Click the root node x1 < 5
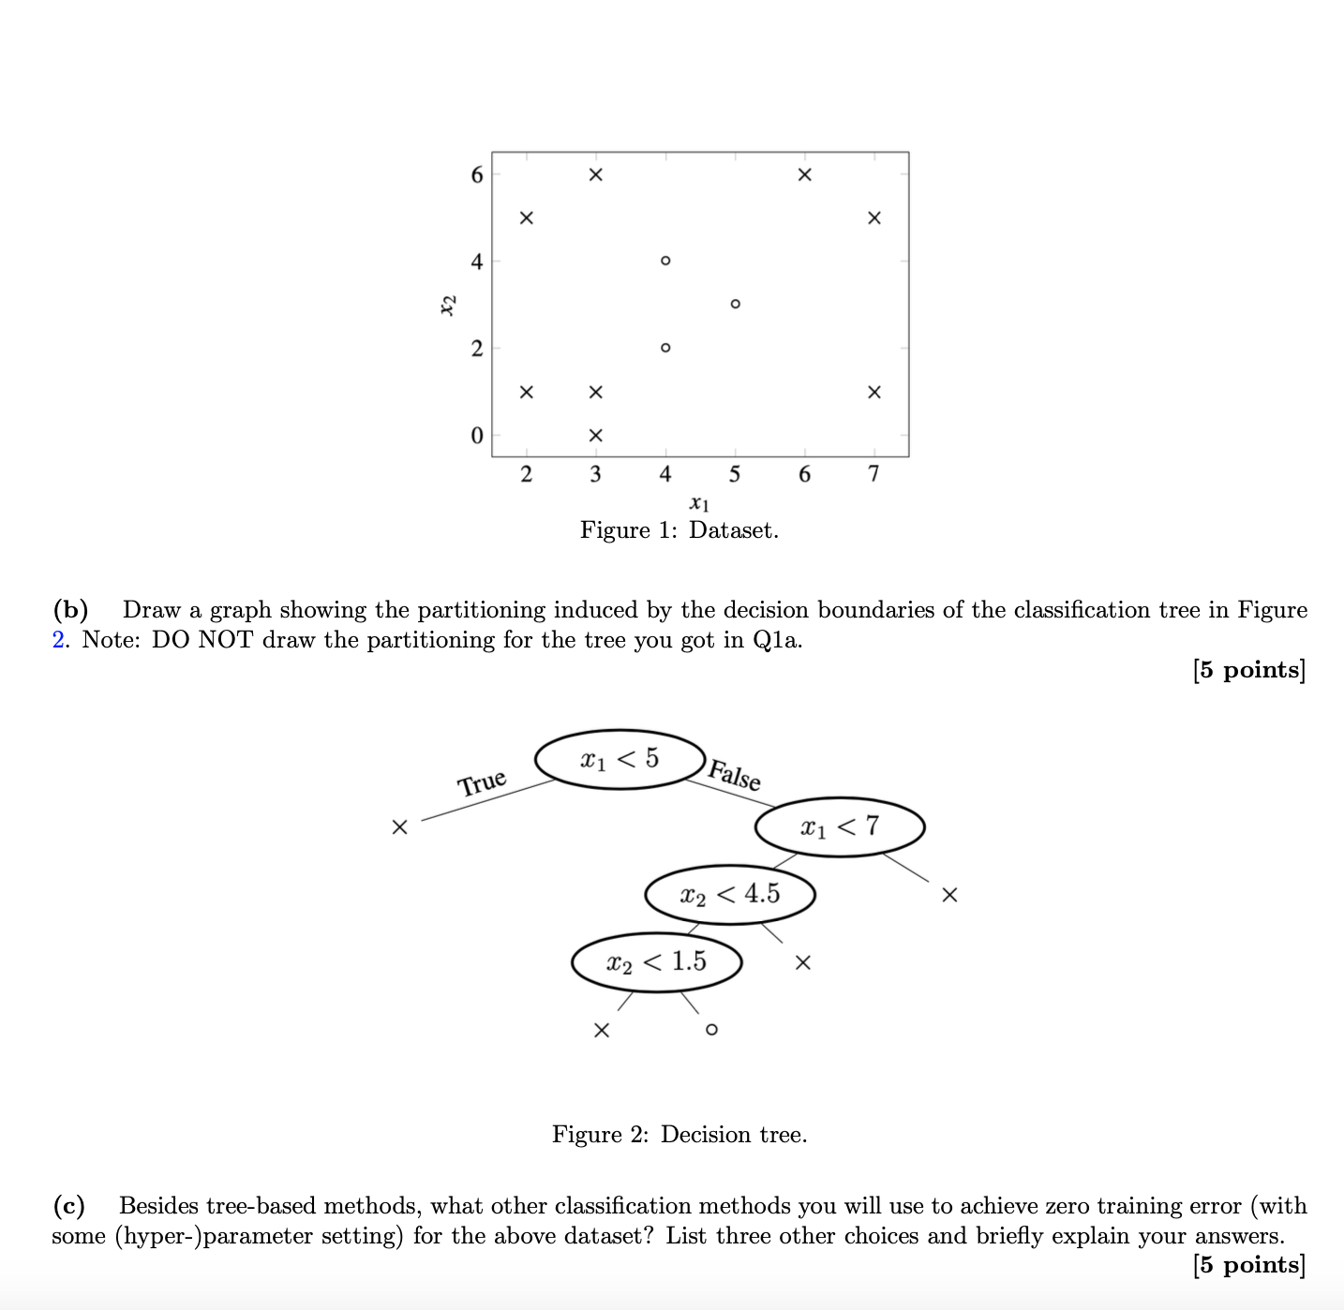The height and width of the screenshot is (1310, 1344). pos(620,759)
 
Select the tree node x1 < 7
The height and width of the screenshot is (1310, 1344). pos(840,826)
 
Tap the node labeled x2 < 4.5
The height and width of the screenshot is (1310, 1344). pos(729,894)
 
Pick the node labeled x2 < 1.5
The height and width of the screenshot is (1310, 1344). pos(656,961)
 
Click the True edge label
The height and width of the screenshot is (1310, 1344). pos(482,782)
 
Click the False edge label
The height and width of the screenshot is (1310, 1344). pos(735,775)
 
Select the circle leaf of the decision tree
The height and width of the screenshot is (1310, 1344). pos(711,1030)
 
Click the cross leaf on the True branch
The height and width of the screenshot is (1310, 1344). pos(400,827)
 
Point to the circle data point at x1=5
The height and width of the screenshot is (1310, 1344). pos(735,304)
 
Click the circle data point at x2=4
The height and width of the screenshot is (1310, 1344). pos(665,261)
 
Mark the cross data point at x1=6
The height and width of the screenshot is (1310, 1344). pos(804,175)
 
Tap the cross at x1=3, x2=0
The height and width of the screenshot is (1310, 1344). pos(595,436)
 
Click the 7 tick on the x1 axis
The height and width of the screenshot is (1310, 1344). pos(874,474)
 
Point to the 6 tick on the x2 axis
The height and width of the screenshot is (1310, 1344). pos(477,175)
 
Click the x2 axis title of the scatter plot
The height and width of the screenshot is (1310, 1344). pos(449,305)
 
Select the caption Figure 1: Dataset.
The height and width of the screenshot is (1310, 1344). pos(679,530)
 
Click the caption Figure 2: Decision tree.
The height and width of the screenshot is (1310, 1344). pos(679,1135)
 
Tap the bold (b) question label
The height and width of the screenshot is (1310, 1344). pos(70,610)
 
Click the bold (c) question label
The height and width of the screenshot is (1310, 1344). pos(68,1205)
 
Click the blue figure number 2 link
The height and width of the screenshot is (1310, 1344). pos(58,640)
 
